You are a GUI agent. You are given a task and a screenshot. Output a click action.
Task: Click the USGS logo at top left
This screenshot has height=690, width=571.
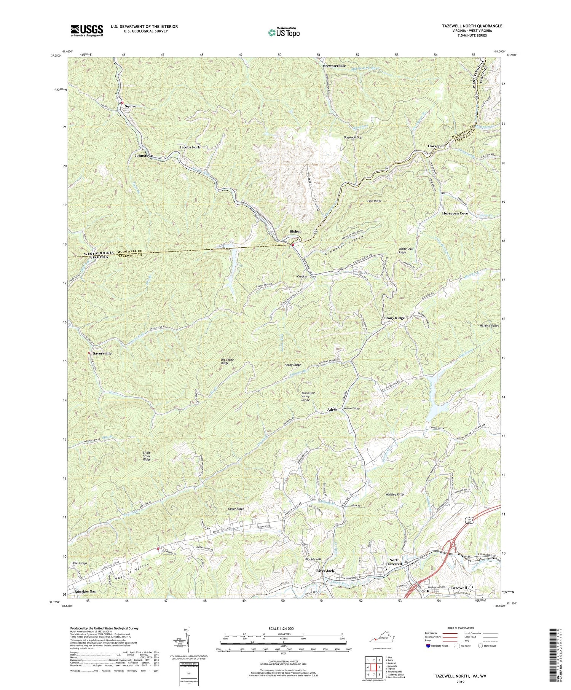[x=87, y=30]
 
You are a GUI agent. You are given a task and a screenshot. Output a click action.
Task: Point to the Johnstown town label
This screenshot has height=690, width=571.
[x=144, y=156]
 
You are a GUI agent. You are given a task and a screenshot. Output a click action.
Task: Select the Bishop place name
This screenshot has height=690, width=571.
[x=295, y=231]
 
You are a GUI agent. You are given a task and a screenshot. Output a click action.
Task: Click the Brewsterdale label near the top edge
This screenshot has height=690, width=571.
[x=334, y=66]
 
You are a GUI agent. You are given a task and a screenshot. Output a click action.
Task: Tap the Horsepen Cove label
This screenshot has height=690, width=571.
[x=455, y=214]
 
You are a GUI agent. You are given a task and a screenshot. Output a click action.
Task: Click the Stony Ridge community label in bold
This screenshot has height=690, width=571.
[x=394, y=318]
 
